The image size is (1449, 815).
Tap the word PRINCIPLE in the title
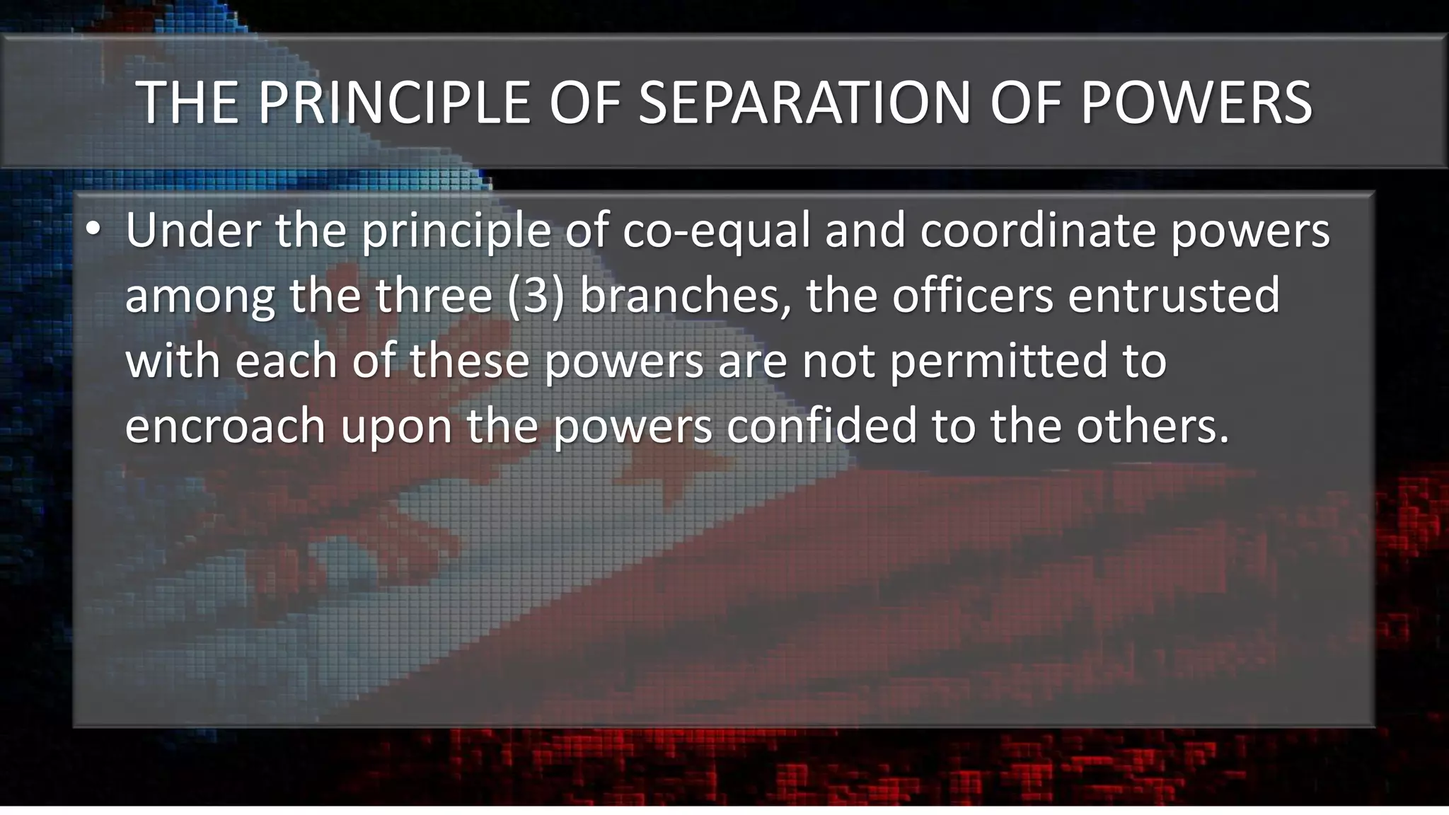click(393, 103)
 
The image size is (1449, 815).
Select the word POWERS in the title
click(1196, 103)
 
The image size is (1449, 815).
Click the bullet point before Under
click(93, 231)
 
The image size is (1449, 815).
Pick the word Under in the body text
click(192, 231)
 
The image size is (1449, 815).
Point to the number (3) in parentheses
click(536, 296)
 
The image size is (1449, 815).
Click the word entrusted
click(1174, 296)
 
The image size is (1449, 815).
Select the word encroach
click(225, 426)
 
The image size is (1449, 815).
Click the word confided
click(821, 426)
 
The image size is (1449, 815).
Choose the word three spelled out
click(433, 296)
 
